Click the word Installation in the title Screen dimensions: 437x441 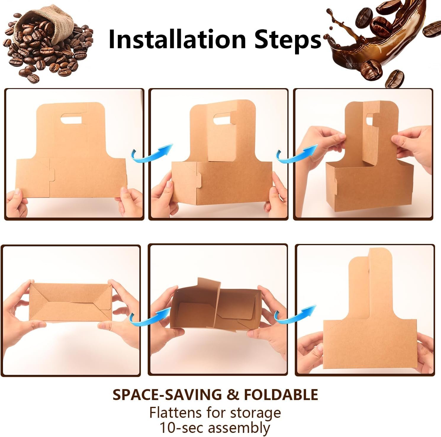[177, 39]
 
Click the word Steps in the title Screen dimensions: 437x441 [287, 39]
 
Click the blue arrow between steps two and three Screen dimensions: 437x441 [296, 154]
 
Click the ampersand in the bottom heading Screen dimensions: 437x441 [234, 395]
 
